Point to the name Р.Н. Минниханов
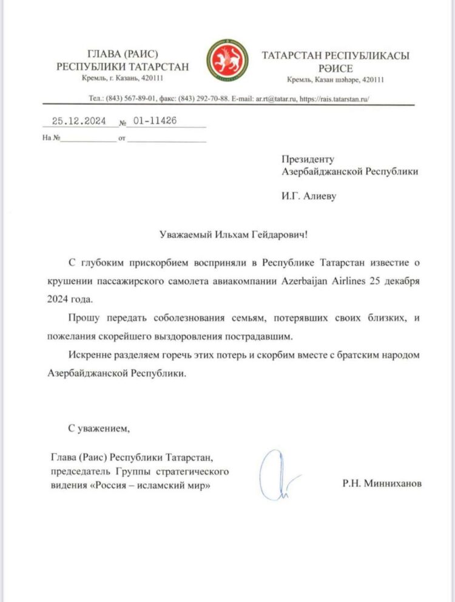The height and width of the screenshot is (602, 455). [381, 484]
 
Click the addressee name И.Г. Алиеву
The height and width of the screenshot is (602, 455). [308, 195]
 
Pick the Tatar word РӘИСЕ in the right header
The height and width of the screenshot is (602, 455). [335, 67]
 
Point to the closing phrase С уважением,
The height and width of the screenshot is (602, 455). [99, 428]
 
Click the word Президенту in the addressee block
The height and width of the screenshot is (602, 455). [308, 160]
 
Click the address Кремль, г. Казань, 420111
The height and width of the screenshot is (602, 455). [122, 78]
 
